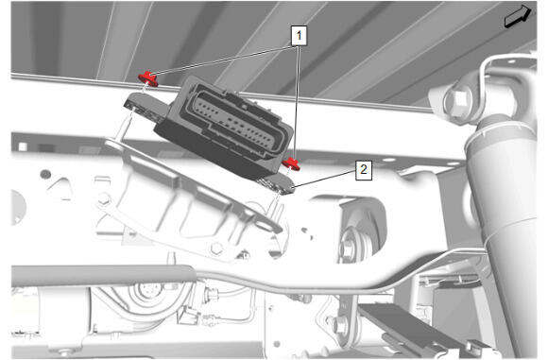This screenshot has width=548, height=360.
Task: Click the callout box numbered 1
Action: [299, 35]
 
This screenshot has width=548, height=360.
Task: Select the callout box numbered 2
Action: [364, 170]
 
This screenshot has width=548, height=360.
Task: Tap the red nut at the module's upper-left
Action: [148, 79]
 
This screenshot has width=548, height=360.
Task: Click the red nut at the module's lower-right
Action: [291, 163]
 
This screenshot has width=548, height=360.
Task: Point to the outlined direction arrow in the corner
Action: [518, 16]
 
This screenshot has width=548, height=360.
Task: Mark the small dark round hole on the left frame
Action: [45, 174]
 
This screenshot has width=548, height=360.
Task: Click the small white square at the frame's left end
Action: [23, 146]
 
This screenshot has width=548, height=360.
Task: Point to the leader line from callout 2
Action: [325, 179]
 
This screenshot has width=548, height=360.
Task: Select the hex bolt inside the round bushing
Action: [347, 248]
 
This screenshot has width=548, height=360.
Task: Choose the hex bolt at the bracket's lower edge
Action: [216, 249]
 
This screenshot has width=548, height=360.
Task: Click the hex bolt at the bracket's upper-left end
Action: [104, 199]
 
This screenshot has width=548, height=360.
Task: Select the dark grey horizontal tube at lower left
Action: [101, 275]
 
